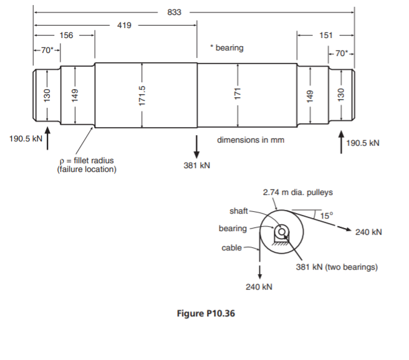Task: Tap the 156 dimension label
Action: (x=65, y=36)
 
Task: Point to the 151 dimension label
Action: (x=325, y=36)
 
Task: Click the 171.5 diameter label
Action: (x=142, y=95)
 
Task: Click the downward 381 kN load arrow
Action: (x=197, y=145)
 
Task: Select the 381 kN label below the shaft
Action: (x=197, y=166)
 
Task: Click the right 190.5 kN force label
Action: (x=362, y=143)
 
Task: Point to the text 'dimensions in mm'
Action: (x=250, y=140)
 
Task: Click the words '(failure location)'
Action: (x=86, y=169)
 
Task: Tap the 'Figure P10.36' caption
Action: (x=206, y=313)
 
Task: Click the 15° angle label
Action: (x=327, y=216)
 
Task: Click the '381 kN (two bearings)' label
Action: (x=336, y=268)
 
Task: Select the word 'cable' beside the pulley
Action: (x=231, y=248)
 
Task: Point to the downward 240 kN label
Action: (x=259, y=287)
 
